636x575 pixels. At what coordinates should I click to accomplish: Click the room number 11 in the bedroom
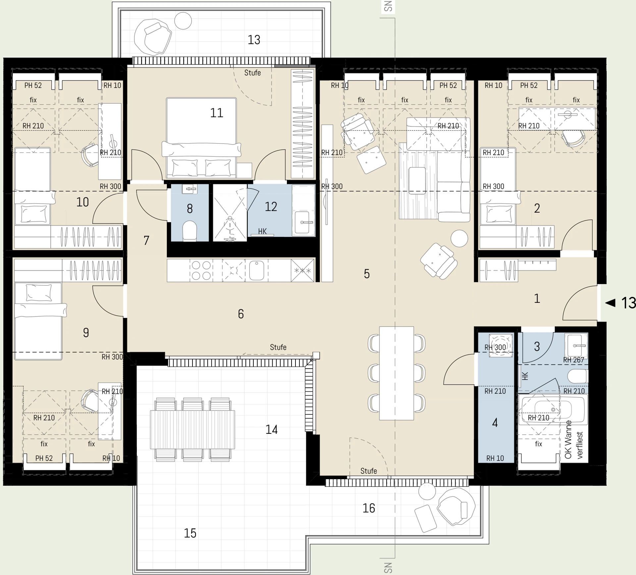[x=217, y=113]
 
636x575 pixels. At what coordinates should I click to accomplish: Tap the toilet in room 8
[x=190, y=230]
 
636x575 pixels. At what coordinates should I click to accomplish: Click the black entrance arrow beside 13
[x=610, y=303]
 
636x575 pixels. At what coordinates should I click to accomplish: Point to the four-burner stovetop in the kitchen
[x=201, y=270]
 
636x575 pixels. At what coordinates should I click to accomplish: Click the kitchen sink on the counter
[x=256, y=270]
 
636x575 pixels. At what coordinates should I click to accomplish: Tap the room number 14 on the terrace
[x=271, y=430]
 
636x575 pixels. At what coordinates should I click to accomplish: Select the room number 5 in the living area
[x=367, y=274]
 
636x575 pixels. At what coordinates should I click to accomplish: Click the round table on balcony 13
[x=183, y=21]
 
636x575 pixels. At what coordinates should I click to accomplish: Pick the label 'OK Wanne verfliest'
[x=573, y=440]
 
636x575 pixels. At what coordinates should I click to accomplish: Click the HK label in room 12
[x=262, y=231]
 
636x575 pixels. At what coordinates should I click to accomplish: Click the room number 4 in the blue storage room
[x=495, y=423]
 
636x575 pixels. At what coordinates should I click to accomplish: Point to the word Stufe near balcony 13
[x=252, y=73]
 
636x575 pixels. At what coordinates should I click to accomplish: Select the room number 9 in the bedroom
[x=86, y=332]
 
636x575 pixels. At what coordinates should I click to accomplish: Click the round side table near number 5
[x=459, y=238]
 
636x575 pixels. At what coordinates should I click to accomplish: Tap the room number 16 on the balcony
[x=369, y=508]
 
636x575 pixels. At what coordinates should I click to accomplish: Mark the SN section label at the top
[x=388, y=6]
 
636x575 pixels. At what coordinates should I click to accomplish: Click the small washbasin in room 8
[x=189, y=189]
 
